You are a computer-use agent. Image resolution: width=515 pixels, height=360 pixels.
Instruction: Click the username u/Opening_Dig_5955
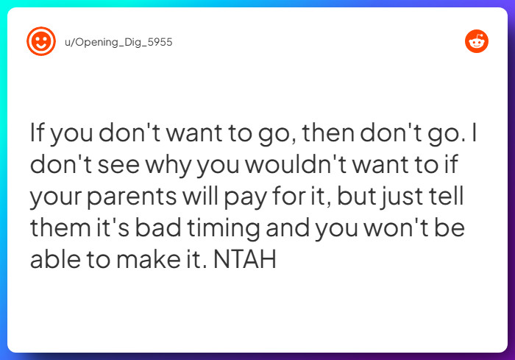click(118, 42)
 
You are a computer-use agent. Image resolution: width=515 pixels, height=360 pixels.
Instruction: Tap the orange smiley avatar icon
click(40, 42)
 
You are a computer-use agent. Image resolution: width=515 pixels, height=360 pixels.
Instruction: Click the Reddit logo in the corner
click(477, 41)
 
